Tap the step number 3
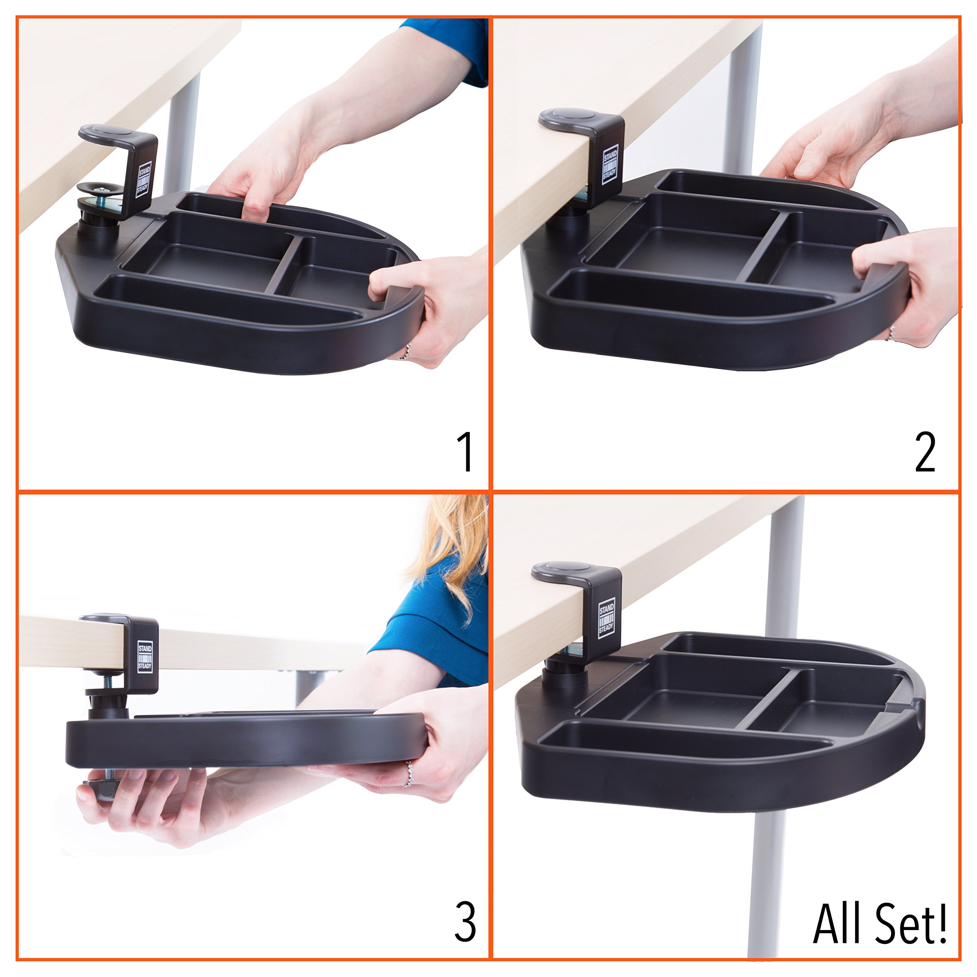(465, 922)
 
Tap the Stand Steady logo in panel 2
(610, 166)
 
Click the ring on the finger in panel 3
(409, 774)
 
